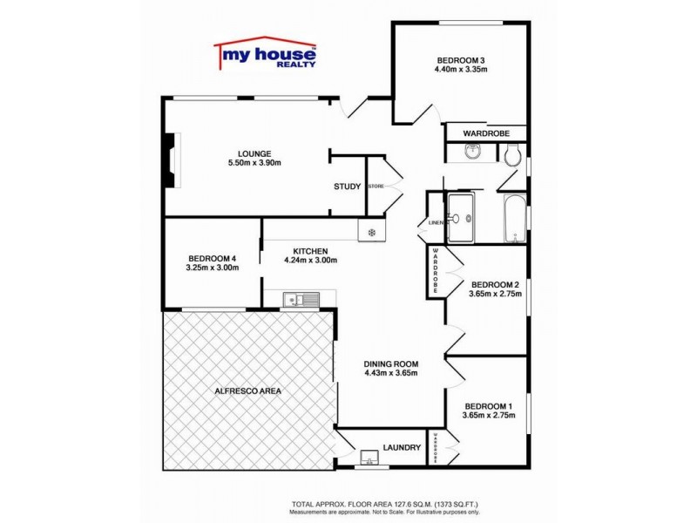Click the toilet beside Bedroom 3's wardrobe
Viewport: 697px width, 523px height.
tap(512, 155)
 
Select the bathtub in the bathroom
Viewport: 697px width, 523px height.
tap(515, 219)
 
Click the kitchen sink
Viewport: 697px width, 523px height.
tap(301, 300)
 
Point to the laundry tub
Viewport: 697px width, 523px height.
tap(369, 457)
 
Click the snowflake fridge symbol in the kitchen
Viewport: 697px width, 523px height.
tap(372, 232)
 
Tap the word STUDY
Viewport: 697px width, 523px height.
tap(348, 187)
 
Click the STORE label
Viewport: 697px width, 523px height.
tap(376, 187)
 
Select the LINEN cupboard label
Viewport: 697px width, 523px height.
tap(435, 222)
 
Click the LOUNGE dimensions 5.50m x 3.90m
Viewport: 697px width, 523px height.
tap(254, 163)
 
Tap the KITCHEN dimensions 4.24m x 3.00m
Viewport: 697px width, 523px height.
tap(310, 260)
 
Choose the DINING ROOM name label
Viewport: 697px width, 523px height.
tap(391, 363)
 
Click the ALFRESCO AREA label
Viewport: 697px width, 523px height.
tap(247, 391)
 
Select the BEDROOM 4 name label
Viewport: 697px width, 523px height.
tap(212, 257)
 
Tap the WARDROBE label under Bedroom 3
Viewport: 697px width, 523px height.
tap(486, 133)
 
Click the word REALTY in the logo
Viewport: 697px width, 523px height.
tap(295, 65)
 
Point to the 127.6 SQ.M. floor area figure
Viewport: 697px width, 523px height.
tap(390, 505)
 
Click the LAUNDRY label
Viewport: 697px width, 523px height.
tap(402, 448)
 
